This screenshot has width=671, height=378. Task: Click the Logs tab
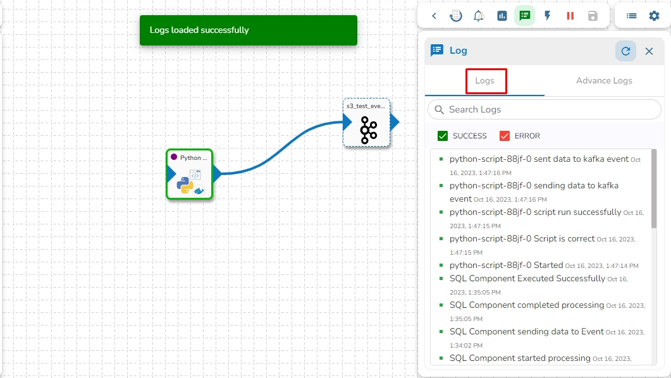(485, 81)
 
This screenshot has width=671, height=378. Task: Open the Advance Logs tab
(604, 81)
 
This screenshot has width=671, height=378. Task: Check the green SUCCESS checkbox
(443, 136)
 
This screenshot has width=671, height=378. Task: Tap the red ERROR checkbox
(505, 136)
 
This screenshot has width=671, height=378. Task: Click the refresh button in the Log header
(625, 51)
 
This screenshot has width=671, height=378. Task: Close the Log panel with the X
(649, 51)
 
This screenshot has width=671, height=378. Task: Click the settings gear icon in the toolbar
(654, 16)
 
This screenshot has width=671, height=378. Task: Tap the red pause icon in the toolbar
(570, 16)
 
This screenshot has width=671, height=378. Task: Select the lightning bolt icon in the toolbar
(548, 16)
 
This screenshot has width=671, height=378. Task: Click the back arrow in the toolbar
(434, 16)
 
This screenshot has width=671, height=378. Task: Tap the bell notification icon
(479, 16)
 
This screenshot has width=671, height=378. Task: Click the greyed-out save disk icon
(593, 16)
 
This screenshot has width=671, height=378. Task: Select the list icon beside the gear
(631, 16)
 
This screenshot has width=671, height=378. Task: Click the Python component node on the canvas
(190, 174)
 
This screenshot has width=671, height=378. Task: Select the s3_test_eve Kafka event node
(367, 123)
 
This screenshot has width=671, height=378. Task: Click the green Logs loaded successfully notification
(248, 30)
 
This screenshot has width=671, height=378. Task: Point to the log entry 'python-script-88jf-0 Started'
(506, 265)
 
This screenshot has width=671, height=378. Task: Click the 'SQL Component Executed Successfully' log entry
(527, 278)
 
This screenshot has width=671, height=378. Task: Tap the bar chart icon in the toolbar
(502, 16)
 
